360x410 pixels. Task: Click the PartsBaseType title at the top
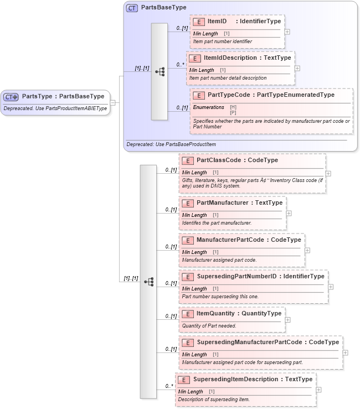[x=163, y=8]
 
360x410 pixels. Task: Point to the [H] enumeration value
[x=233, y=107]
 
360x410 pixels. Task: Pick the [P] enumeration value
[x=233, y=112]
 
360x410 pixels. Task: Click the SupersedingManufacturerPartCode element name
[x=249, y=342]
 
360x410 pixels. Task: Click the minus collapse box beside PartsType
[x=113, y=102]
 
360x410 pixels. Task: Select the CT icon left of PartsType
[x=11, y=96]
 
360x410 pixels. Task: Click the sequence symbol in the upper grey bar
[x=160, y=71]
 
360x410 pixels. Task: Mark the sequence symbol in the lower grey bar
[x=148, y=282]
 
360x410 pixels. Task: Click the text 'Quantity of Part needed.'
[x=209, y=326]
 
